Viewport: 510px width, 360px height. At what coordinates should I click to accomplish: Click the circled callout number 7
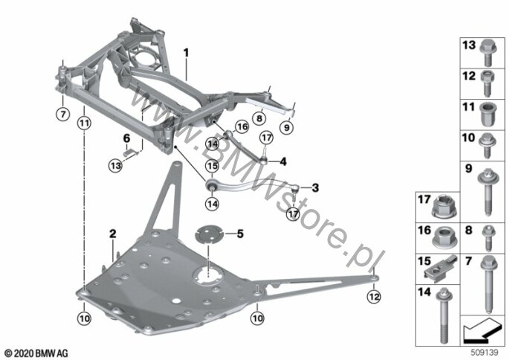tap(62, 115)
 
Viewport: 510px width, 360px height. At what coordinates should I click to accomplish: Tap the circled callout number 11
tap(84, 123)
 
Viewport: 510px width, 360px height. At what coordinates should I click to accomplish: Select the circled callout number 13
tap(115, 166)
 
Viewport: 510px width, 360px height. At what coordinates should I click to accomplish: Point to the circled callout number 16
tap(242, 126)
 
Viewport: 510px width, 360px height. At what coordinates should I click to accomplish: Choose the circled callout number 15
tap(212, 167)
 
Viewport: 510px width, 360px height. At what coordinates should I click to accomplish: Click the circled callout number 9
tap(286, 127)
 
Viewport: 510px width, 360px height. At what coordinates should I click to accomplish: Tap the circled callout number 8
tap(259, 118)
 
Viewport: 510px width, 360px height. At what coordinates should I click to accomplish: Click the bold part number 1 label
tap(186, 53)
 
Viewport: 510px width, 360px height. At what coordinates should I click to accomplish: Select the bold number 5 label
tap(240, 234)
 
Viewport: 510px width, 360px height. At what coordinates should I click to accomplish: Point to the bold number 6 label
tap(126, 138)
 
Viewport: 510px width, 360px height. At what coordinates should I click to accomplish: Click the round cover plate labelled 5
tap(208, 234)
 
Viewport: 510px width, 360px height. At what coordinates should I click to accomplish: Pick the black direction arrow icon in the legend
tap(482, 330)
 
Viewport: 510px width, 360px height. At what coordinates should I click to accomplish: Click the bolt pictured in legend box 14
tap(442, 315)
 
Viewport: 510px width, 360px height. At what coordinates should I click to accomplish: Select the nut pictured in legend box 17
tap(445, 207)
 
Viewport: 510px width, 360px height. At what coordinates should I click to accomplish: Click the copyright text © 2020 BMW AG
tap(36, 353)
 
